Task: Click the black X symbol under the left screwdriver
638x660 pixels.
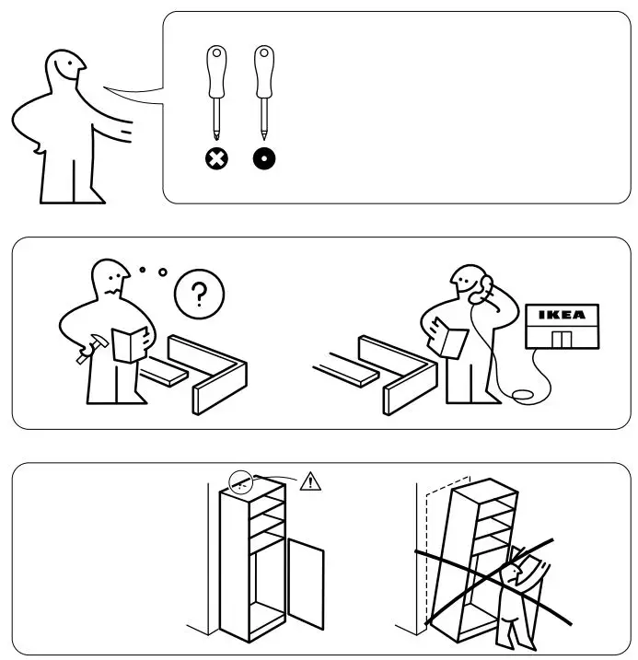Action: click(216, 159)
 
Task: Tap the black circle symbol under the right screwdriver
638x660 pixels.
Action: click(264, 159)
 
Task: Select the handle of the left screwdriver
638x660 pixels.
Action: click(216, 74)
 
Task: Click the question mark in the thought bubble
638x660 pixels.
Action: click(199, 295)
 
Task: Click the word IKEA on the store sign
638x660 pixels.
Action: click(561, 315)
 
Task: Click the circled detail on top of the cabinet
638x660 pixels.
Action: click(242, 481)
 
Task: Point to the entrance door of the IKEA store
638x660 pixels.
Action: click(561, 339)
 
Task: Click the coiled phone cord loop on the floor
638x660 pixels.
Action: click(525, 396)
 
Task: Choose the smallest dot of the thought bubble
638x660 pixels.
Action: click(142, 270)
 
